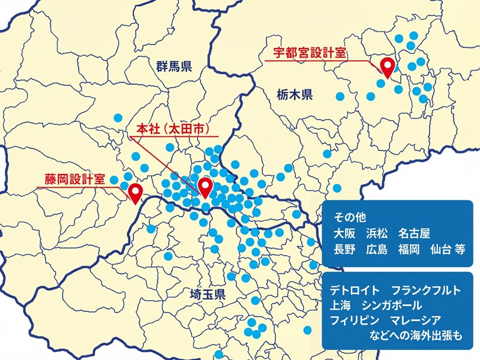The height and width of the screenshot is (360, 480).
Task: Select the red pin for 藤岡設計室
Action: (136, 192)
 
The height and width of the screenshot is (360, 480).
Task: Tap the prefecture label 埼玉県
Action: (206, 295)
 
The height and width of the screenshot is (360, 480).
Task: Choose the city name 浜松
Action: (377, 233)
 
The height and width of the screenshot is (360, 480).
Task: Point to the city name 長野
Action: (346, 249)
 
